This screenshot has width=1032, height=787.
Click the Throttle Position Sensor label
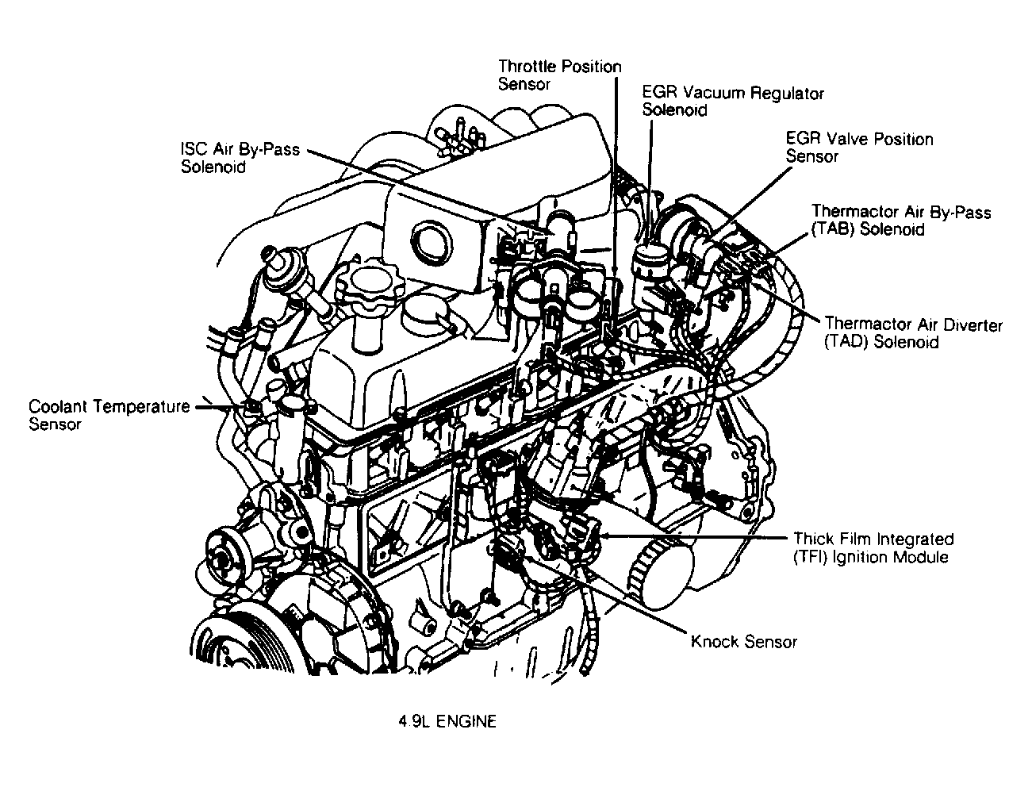pos(559,75)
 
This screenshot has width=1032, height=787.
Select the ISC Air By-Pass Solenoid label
pos(240,157)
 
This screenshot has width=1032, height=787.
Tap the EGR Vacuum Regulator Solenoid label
pos(732,102)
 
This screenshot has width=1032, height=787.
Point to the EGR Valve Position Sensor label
pos(858,148)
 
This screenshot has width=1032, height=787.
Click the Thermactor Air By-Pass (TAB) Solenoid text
pos(900,221)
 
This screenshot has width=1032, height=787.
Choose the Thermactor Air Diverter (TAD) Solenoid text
pos(912,333)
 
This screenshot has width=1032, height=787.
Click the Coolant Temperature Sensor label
pos(109,415)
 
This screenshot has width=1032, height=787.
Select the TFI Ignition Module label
pos(873,547)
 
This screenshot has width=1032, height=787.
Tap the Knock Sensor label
pos(743,642)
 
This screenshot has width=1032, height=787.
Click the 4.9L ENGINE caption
pos(447,722)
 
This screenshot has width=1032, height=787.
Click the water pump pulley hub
pos(221,553)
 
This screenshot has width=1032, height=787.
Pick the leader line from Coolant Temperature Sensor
pos(218,408)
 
